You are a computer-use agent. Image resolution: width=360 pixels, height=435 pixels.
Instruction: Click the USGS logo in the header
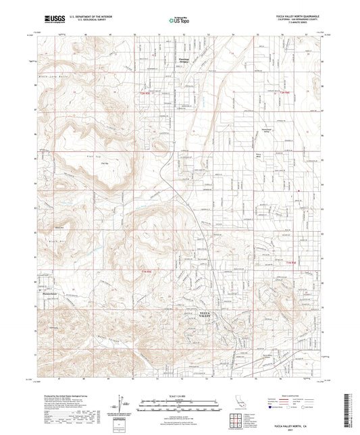(x=53, y=18)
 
